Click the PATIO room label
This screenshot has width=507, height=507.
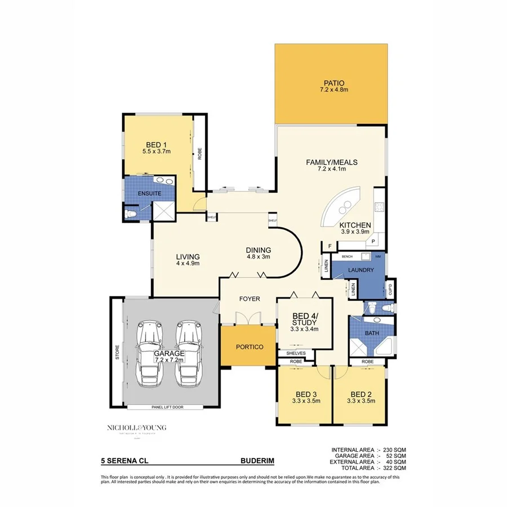tap(331, 82)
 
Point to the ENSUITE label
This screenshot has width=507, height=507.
tap(149, 194)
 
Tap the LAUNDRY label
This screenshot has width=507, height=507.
tap(361, 270)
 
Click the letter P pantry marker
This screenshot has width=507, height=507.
tap(373, 241)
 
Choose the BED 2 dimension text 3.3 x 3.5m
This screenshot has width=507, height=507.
tap(359, 401)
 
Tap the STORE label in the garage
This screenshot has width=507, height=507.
tap(117, 353)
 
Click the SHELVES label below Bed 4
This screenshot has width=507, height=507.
tap(295, 353)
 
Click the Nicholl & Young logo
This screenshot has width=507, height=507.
tap(136, 429)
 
